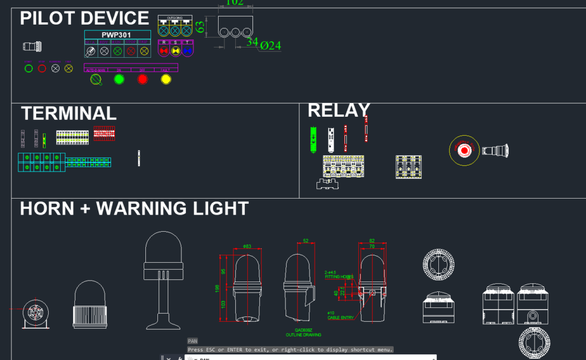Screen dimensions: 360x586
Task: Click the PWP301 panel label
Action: tap(117, 35)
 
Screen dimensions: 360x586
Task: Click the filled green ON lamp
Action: tap(119, 80)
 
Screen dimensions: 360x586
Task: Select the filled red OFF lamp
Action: tap(142, 80)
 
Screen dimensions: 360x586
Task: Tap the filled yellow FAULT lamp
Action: tap(166, 80)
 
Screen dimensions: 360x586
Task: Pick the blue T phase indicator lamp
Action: tap(187, 51)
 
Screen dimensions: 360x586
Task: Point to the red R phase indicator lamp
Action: tap(164, 51)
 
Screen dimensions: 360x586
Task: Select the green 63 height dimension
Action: tap(200, 27)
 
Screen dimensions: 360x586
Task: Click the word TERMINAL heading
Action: tap(69, 113)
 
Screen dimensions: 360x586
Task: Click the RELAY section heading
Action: tap(339, 110)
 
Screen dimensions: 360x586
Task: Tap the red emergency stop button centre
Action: tap(465, 150)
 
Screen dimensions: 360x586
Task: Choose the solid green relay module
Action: tap(313, 139)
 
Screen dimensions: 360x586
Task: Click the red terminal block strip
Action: tap(104, 133)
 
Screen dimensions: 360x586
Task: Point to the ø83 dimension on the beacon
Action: tap(247, 247)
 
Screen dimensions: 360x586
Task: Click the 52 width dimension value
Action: tap(306, 241)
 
